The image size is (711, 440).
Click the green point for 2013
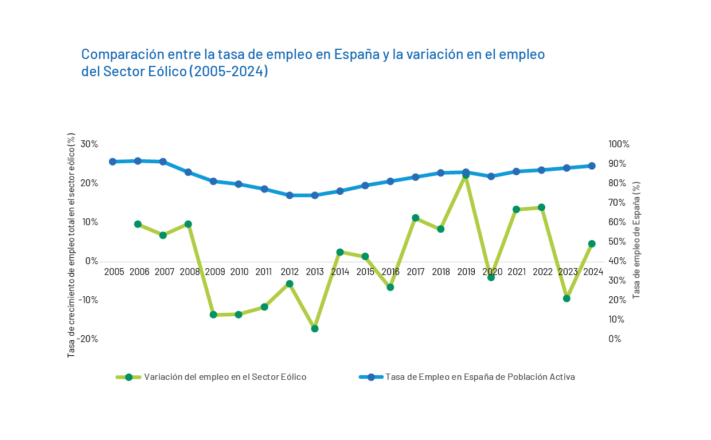click(315, 328)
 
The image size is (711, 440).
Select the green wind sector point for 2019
click(466, 175)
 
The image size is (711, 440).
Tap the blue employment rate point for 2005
click(113, 162)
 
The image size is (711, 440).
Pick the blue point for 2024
click(592, 166)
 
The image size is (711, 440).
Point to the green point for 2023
click(567, 298)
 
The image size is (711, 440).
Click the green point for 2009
click(213, 315)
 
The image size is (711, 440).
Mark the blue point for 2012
click(290, 195)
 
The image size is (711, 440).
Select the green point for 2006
click(138, 224)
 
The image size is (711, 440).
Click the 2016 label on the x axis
click(390, 272)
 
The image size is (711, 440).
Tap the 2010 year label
click(239, 272)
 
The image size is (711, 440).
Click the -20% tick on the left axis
click(87, 339)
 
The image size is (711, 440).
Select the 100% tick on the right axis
click(619, 144)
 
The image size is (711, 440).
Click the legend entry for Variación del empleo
click(225, 377)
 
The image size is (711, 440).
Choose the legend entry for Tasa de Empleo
click(479, 377)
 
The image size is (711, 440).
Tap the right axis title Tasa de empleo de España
click(636, 240)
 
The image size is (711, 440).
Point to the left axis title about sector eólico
click(71, 245)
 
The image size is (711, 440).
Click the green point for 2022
click(541, 207)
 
